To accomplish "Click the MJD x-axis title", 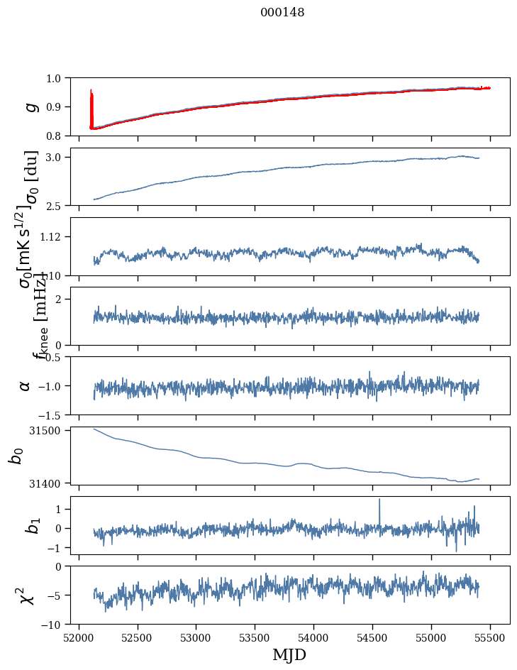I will click(x=289, y=655).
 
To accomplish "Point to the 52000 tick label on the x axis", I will click(x=79, y=637).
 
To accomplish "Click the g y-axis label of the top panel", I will click(x=30, y=106).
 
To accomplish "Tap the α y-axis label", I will click(x=26, y=385).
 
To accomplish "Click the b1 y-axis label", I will click(x=30, y=526).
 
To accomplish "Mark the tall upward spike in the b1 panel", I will click(x=379, y=501).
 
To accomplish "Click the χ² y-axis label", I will click(x=28, y=595).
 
